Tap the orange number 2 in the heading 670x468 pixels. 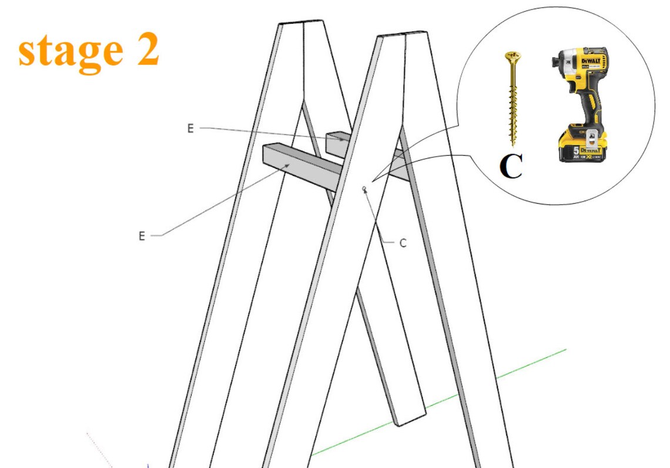[x=145, y=51]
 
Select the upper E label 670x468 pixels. [x=190, y=128]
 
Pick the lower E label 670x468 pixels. [x=141, y=236]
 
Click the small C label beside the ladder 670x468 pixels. [x=403, y=243]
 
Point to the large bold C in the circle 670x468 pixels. [x=511, y=167]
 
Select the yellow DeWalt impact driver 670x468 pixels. [x=579, y=103]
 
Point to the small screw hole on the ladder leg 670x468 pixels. [x=364, y=189]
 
